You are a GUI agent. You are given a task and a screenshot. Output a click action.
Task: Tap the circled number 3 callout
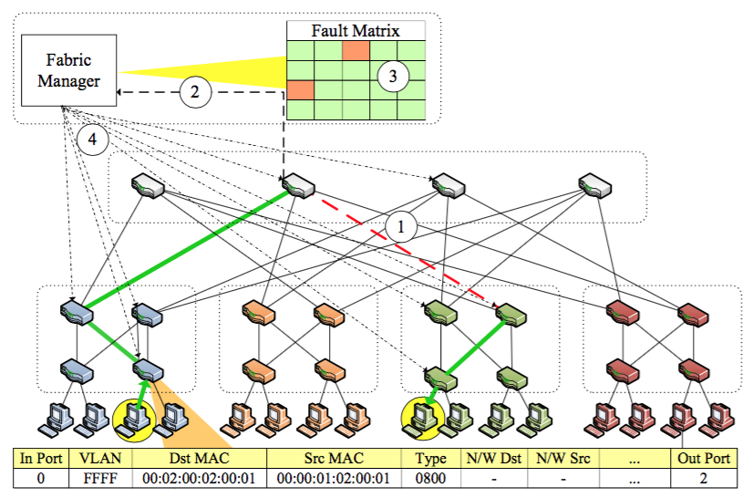point(393,77)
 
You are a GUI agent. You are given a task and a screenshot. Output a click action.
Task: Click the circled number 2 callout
point(195,92)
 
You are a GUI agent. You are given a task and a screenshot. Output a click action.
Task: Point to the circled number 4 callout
point(92,140)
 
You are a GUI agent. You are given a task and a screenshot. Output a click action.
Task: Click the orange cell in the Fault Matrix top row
point(356,50)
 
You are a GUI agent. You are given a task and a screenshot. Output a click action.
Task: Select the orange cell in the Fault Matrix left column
point(301,90)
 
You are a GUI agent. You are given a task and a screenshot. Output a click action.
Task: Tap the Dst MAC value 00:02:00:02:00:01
point(198,477)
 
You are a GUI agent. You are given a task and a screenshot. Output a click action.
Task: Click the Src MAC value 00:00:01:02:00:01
point(334,477)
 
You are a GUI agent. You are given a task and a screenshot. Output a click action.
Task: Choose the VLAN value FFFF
point(98,477)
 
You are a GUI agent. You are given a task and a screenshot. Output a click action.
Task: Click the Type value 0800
point(429,477)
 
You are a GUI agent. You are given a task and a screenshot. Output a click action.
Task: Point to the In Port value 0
point(40,477)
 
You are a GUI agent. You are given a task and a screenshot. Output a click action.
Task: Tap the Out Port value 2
point(705,477)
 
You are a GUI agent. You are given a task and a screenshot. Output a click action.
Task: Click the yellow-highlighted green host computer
point(421,416)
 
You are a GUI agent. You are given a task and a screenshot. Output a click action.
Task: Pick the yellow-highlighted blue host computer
point(138,416)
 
